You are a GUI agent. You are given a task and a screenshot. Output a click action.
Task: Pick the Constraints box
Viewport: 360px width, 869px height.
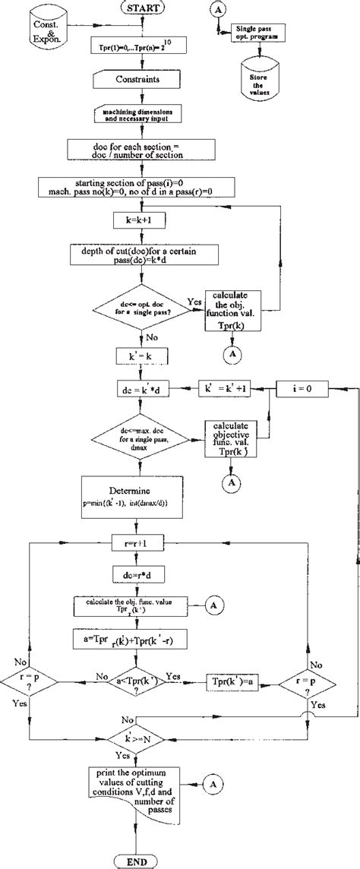[136, 78]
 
